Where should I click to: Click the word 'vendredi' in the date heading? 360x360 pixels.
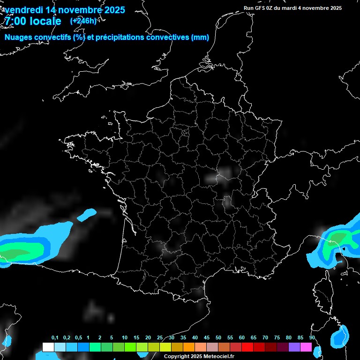(x=23, y=10)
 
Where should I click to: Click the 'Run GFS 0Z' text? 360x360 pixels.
(x=260, y=8)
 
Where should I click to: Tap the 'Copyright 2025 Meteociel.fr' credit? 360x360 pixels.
(x=199, y=356)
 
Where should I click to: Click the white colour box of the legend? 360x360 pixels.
(x=48, y=347)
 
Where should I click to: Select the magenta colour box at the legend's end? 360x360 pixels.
(x=306, y=347)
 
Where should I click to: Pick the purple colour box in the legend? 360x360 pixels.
(x=294, y=347)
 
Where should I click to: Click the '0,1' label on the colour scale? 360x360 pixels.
(x=54, y=338)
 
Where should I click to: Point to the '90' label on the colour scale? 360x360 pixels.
(x=312, y=338)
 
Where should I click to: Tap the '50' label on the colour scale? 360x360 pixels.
(x=218, y=338)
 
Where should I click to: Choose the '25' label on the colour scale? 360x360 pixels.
(x=160, y=338)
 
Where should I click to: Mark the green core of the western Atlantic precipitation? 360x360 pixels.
(x=19, y=254)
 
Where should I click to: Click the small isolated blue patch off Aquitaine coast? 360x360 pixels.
(x=86, y=215)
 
